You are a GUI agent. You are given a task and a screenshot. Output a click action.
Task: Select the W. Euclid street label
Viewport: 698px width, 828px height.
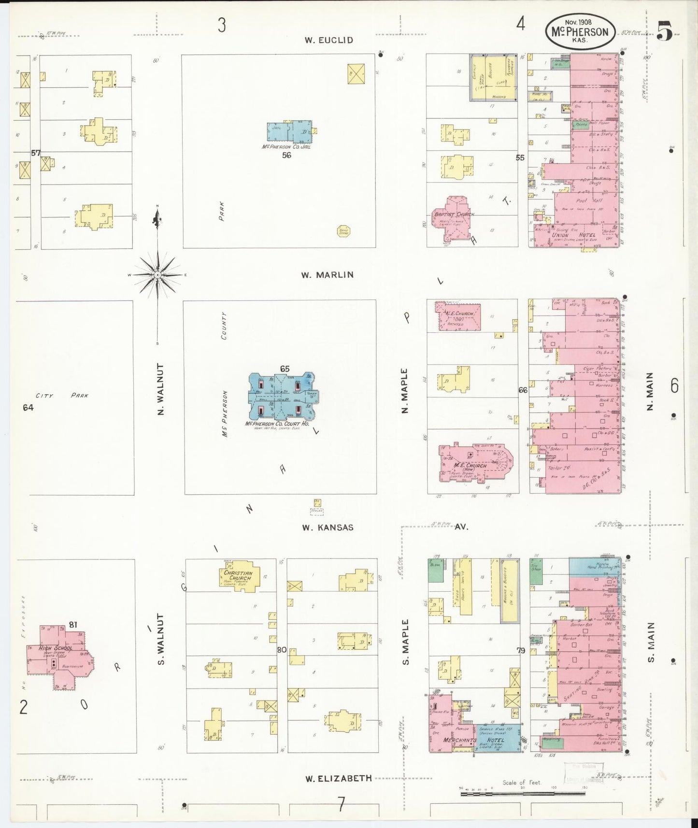click(329, 40)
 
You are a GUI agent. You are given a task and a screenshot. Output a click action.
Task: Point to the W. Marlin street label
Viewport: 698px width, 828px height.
click(328, 275)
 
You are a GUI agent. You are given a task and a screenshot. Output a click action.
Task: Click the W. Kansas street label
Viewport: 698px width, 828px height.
click(328, 528)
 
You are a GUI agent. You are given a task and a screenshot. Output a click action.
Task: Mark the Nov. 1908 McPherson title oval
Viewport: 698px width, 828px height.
click(580, 31)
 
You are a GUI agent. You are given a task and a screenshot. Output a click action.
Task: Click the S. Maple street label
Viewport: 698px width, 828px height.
click(405, 642)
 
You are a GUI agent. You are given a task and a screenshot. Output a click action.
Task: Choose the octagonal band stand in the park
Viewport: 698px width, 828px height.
click(343, 231)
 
